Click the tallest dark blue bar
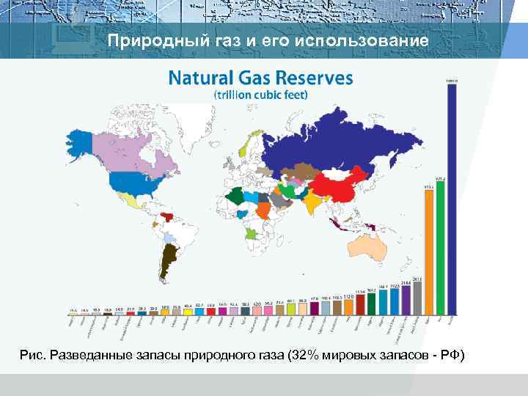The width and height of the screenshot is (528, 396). coord(452,198)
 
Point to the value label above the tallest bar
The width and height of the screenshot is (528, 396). coord(452,80)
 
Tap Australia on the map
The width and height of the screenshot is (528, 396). coord(371,249)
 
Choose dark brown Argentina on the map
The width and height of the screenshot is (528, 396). coord(170,257)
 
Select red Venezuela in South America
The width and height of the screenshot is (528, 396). coord(169,216)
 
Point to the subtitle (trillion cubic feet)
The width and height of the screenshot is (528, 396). coord(260,95)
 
